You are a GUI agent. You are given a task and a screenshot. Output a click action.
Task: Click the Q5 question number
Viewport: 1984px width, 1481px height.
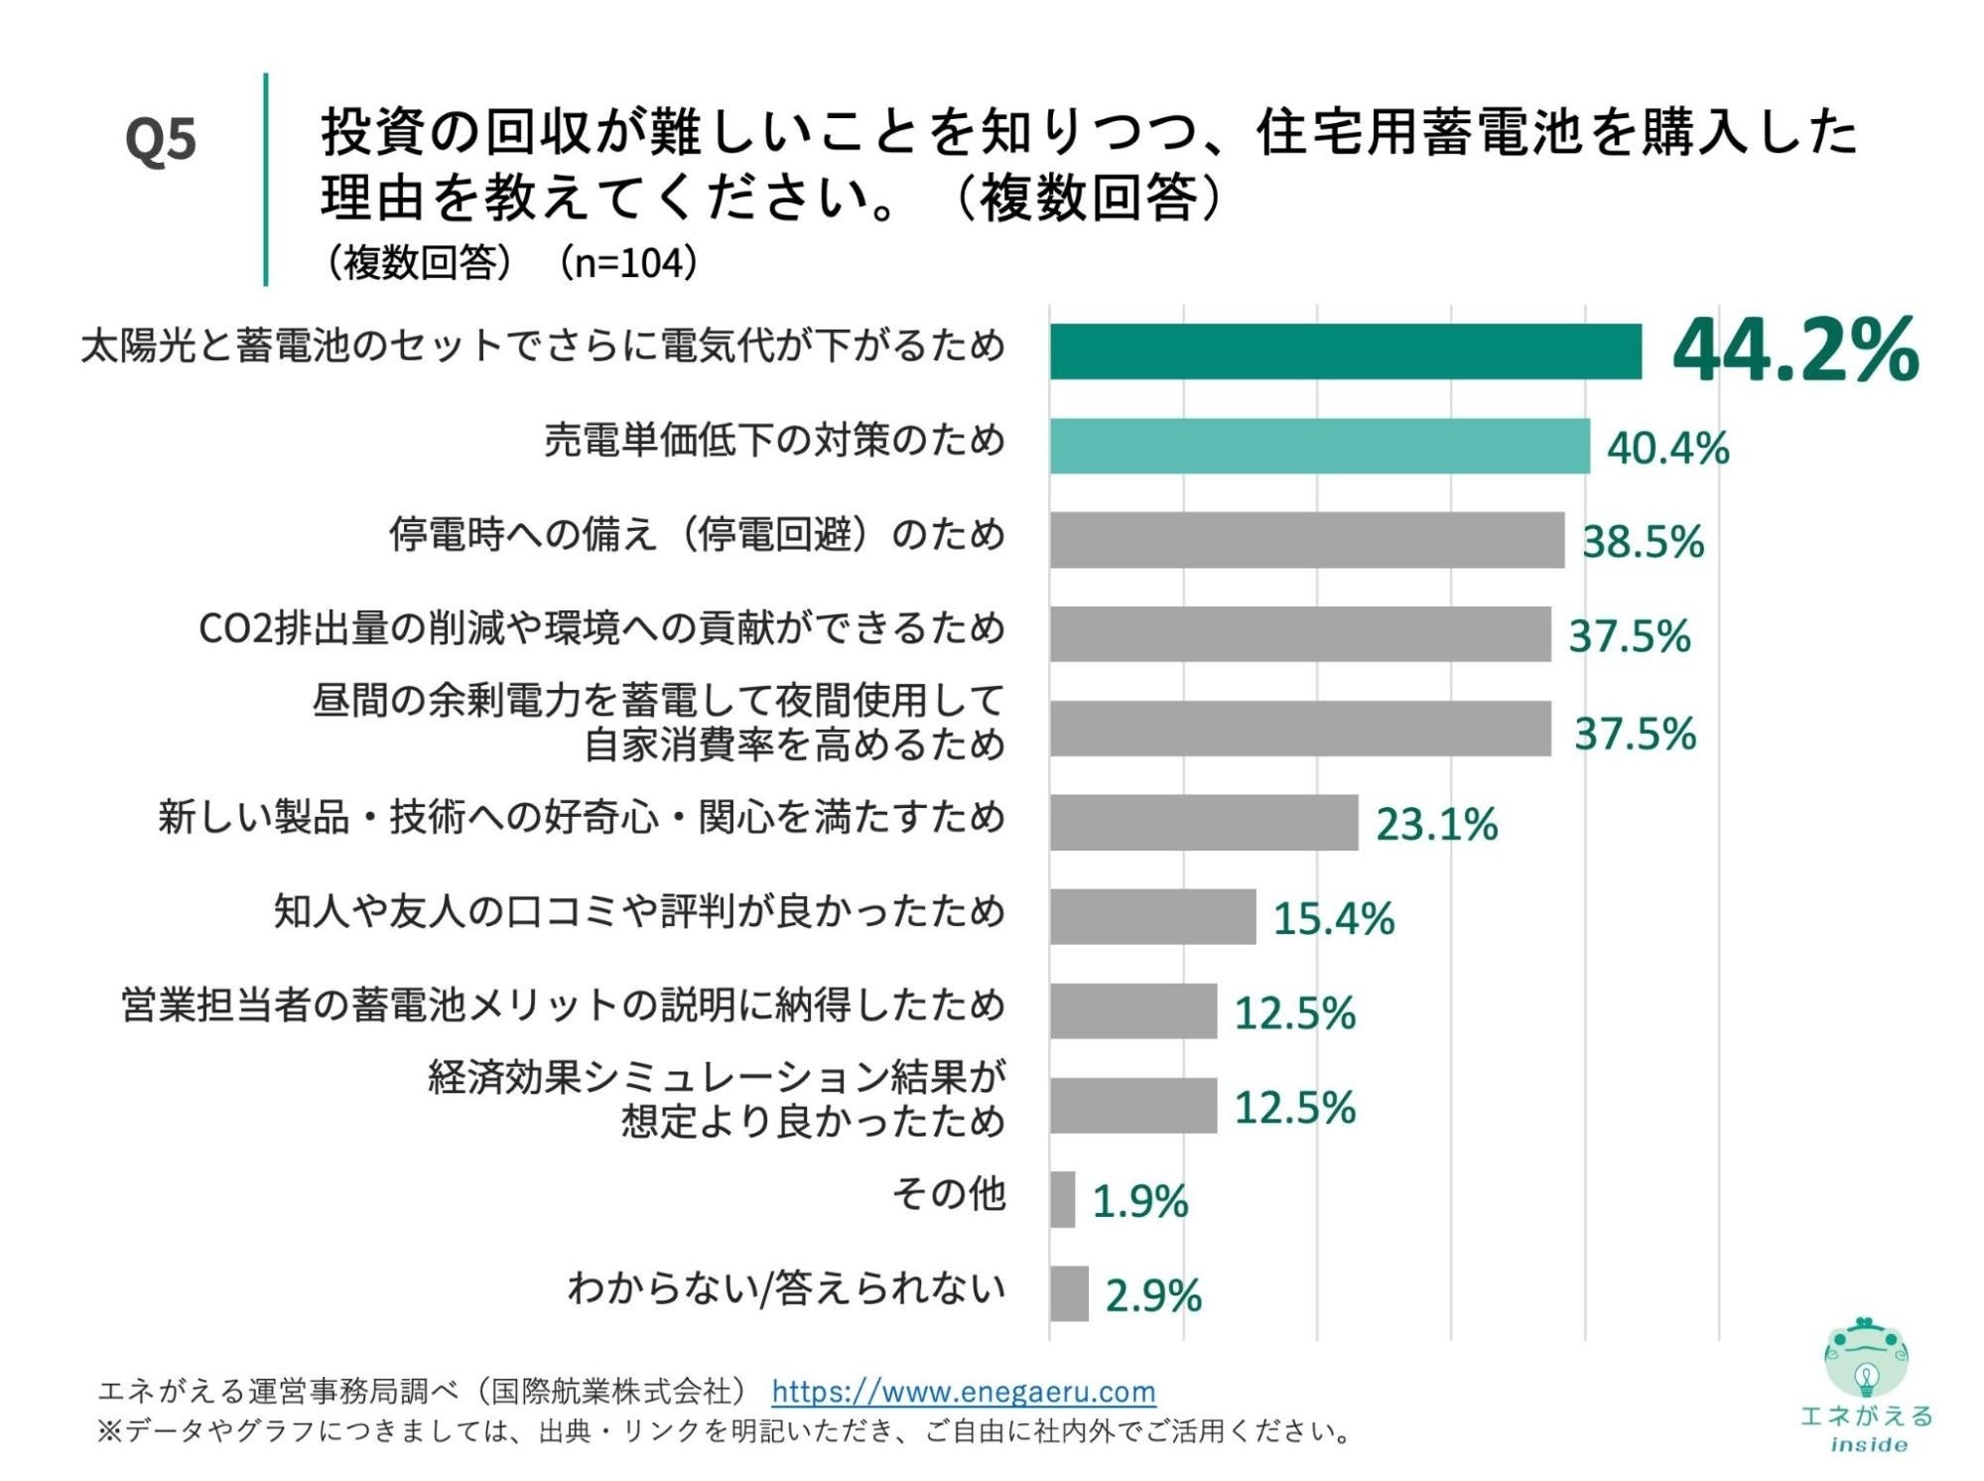click(x=161, y=140)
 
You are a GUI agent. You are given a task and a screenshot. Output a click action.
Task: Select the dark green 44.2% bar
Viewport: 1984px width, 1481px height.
click(x=1345, y=351)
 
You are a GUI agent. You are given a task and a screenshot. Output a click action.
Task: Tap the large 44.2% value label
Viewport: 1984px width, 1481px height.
click(x=1794, y=349)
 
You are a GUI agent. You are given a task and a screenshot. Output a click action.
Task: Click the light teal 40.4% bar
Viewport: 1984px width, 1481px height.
click(x=1319, y=446)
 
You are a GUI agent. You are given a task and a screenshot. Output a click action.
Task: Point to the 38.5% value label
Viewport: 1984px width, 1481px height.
click(x=1643, y=542)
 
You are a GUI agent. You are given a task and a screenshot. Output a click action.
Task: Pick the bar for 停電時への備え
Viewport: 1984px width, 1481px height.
click(x=1306, y=540)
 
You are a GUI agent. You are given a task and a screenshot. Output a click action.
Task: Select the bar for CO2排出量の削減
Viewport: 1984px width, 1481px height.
click(x=1299, y=633)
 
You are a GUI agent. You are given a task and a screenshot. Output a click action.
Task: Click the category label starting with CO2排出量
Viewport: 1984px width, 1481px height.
click(x=601, y=629)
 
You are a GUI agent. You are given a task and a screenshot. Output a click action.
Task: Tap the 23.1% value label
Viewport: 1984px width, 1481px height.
click(x=1435, y=824)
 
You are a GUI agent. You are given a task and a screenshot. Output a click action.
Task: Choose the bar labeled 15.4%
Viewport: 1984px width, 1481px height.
click(x=1152, y=916)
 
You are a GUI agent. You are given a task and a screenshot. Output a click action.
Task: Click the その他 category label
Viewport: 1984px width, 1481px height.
click(x=948, y=1194)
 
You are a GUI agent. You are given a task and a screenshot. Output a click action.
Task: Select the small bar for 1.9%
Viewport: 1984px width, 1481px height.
click(x=1062, y=1199)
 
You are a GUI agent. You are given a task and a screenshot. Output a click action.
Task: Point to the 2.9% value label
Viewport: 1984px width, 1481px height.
click(x=1152, y=1295)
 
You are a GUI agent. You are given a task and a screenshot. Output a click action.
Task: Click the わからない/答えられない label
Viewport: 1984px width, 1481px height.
click(x=786, y=1288)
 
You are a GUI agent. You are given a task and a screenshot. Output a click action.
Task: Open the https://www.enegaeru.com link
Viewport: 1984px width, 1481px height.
click(x=963, y=1392)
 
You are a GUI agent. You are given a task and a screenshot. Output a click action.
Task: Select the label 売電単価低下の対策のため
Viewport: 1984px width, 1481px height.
click(x=774, y=440)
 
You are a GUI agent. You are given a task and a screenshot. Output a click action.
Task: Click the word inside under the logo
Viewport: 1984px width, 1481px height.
click(x=1868, y=1445)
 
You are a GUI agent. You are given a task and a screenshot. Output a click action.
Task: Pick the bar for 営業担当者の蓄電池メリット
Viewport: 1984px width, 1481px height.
click(x=1132, y=1010)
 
